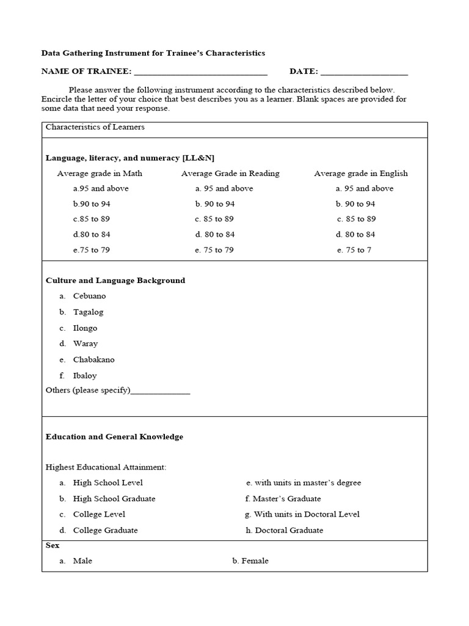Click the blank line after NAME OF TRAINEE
tap(200, 72)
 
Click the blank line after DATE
tap(364, 72)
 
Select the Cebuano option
tap(89, 296)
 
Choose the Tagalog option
tap(88, 312)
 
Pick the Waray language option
tap(85, 344)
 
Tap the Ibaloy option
tap(85, 375)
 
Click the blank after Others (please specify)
tap(161, 391)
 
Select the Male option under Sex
tap(82, 561)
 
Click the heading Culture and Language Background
tap(115, 281)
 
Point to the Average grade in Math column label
tap(100, 174)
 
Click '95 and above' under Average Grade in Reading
tap(224, 188)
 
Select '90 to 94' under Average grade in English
tap(355, 204)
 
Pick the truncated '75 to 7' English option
tap(354, 250)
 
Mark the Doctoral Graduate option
tap(285, 530)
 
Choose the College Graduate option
tap(105, 530)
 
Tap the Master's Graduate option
tap(283, 498)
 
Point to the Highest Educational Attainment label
tap(106, 467)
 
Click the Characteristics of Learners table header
tap(95, 127)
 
